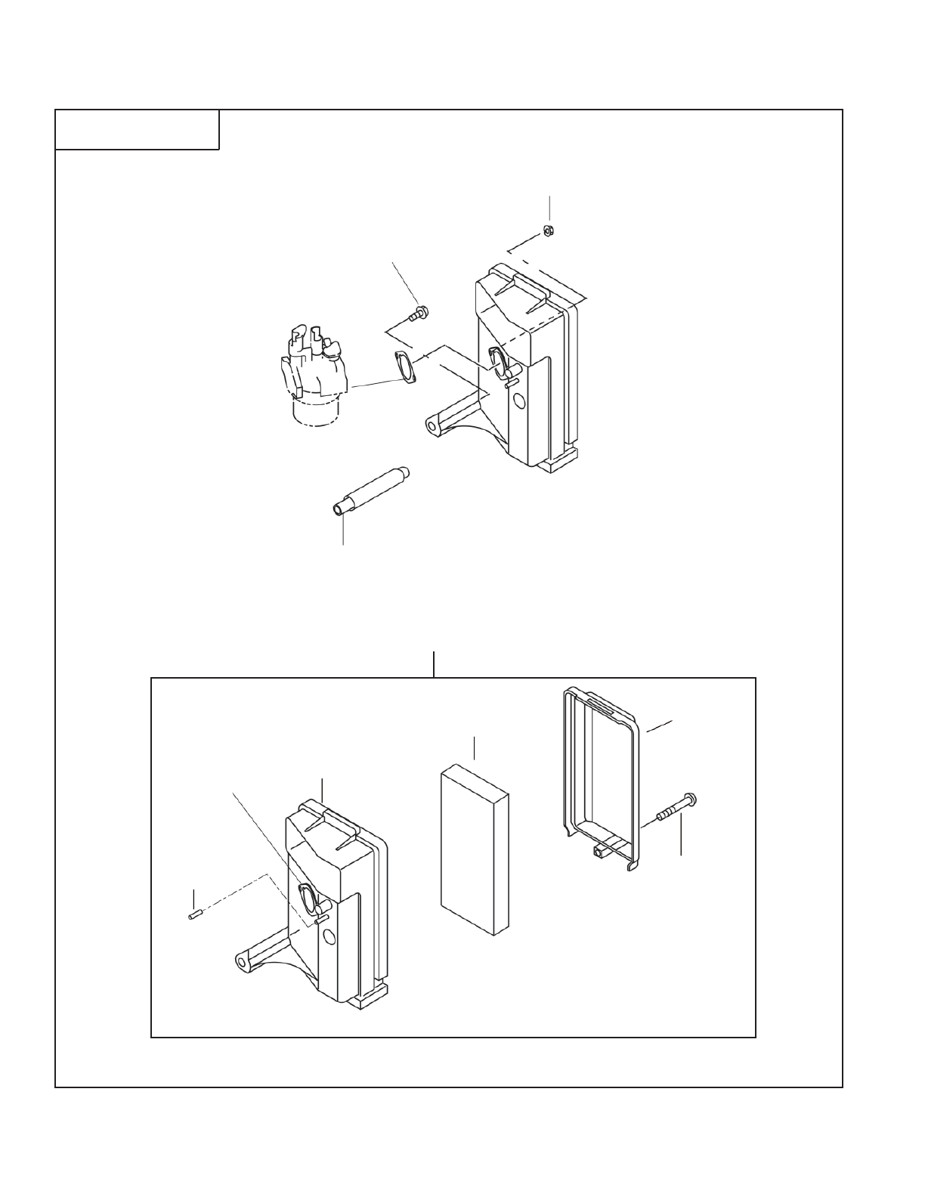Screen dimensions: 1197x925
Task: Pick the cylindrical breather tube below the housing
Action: (x=370, y=490)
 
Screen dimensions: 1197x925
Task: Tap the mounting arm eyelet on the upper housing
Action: (x=432, y=427)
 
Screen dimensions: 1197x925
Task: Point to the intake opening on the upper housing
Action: (x=499, y=360)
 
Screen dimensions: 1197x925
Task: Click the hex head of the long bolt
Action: (x=689, y=799)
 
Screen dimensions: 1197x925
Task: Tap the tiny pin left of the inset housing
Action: (x=193, y=916)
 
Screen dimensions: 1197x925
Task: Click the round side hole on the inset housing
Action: (x=327, y=939)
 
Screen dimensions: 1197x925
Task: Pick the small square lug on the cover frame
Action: (x=599, y=852)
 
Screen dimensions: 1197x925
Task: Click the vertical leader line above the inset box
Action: (x=434, y=663)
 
